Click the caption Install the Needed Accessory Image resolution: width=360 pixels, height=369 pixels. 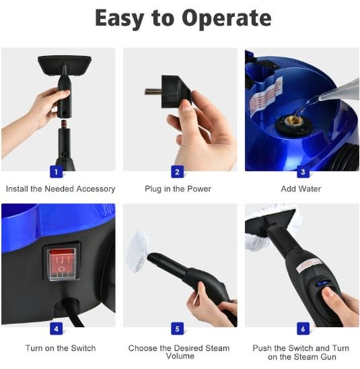pyautogui.click(x=61, y=189)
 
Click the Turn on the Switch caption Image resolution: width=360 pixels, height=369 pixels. pyautogui.click(x=61, y=348)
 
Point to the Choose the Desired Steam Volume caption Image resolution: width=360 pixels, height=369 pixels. pyautogui.click(x=179, y=352)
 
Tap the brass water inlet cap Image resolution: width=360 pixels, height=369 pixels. pyautogui.click(x=293, y=123)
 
